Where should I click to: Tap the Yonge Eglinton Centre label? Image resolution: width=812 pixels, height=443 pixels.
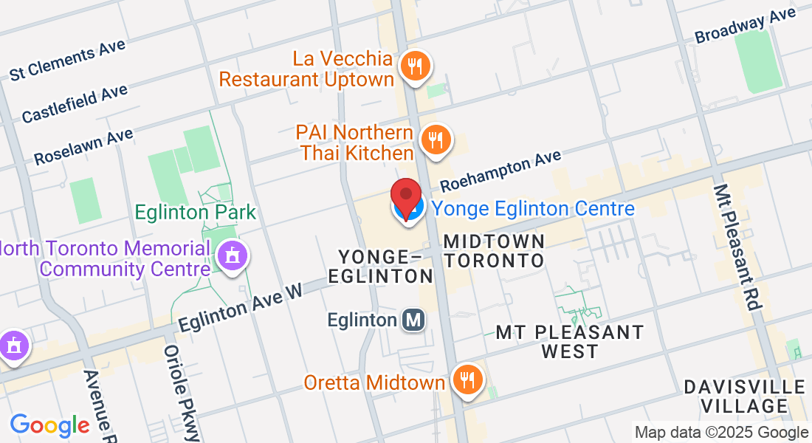[533, 209]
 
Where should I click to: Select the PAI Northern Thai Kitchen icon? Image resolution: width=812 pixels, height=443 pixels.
[436, 139]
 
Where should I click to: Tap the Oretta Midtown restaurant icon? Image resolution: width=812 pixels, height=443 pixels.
[467, 380]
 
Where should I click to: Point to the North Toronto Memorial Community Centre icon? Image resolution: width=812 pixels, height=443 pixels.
[233, 256]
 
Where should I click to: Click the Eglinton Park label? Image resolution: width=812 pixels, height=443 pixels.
[195, 213]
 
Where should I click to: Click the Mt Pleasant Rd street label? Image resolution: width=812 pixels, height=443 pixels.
[737, 247]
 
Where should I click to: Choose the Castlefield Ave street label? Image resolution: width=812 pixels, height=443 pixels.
[75, 103]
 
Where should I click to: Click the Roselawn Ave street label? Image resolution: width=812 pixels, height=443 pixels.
[83, 147]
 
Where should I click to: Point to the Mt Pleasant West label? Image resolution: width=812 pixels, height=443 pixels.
[569, 342]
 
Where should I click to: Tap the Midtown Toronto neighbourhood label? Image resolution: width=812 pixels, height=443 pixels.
[495, 251]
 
